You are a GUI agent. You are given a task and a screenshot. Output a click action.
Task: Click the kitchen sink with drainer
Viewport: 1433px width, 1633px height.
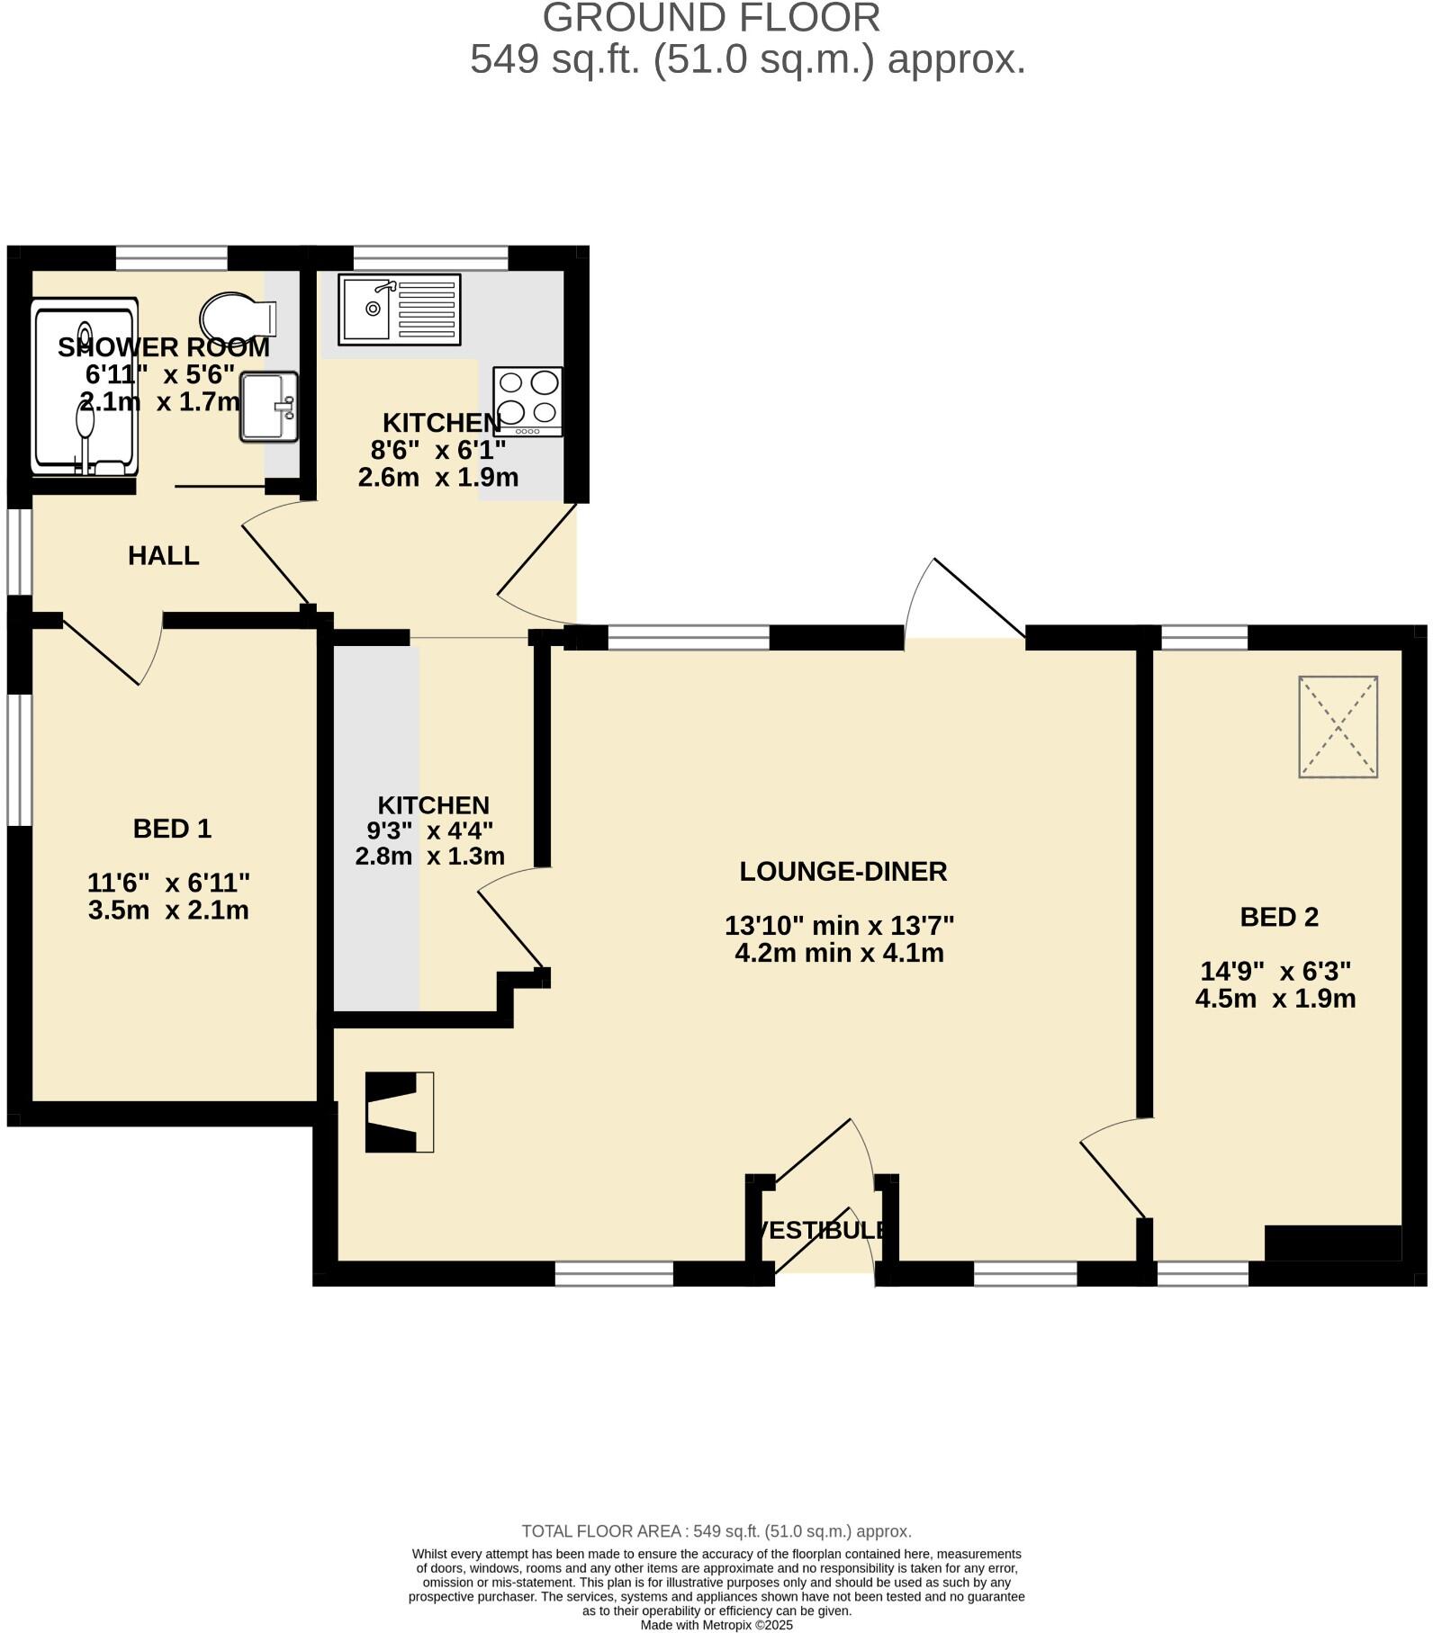(399, 309)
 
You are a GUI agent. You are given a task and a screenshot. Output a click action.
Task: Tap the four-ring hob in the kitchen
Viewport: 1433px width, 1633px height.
(527, 400)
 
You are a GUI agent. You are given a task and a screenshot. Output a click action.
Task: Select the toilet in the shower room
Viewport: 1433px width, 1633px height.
(237, 317)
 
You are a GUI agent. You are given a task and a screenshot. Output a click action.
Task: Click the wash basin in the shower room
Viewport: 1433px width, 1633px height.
(267, 407)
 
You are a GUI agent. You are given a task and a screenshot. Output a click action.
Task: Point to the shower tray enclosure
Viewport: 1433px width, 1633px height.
(85, 387)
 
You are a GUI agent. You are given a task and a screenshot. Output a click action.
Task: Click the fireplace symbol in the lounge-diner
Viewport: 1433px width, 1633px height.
(399, 1112)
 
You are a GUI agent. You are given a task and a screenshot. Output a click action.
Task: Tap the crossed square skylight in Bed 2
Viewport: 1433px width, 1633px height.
(1338, 726)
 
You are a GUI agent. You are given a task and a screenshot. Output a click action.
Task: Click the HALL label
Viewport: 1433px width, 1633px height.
(163, 556)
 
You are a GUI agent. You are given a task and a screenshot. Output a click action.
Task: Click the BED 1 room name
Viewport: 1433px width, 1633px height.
(172, 829)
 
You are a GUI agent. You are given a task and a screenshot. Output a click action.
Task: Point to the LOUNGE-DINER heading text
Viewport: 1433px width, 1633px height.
(843, 872)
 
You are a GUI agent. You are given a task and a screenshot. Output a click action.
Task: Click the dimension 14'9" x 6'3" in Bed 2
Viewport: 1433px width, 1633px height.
(1275, 972)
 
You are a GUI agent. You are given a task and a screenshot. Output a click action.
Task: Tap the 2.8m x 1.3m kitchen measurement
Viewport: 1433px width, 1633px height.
(429, 856)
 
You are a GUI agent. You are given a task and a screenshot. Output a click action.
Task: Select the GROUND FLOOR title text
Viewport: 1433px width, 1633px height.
(711, 18)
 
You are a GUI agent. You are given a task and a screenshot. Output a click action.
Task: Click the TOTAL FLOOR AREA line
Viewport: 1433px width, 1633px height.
(716, 1531)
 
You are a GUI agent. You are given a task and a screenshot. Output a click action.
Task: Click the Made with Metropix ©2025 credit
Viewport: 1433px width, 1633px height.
(716, 1625)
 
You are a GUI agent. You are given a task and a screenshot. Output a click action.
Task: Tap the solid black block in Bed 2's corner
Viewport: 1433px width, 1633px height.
(1332, 1243)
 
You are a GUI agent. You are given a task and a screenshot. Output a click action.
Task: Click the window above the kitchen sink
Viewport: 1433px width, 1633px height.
(430, 257)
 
